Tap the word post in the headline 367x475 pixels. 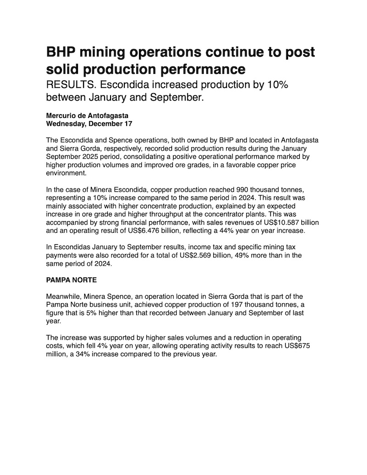pyautogui.click(x=299, y=52)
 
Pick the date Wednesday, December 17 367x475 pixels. pyautogui.click(x=86, y=124)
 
